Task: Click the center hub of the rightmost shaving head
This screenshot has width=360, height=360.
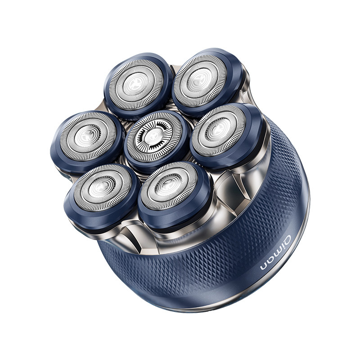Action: [218, 130]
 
